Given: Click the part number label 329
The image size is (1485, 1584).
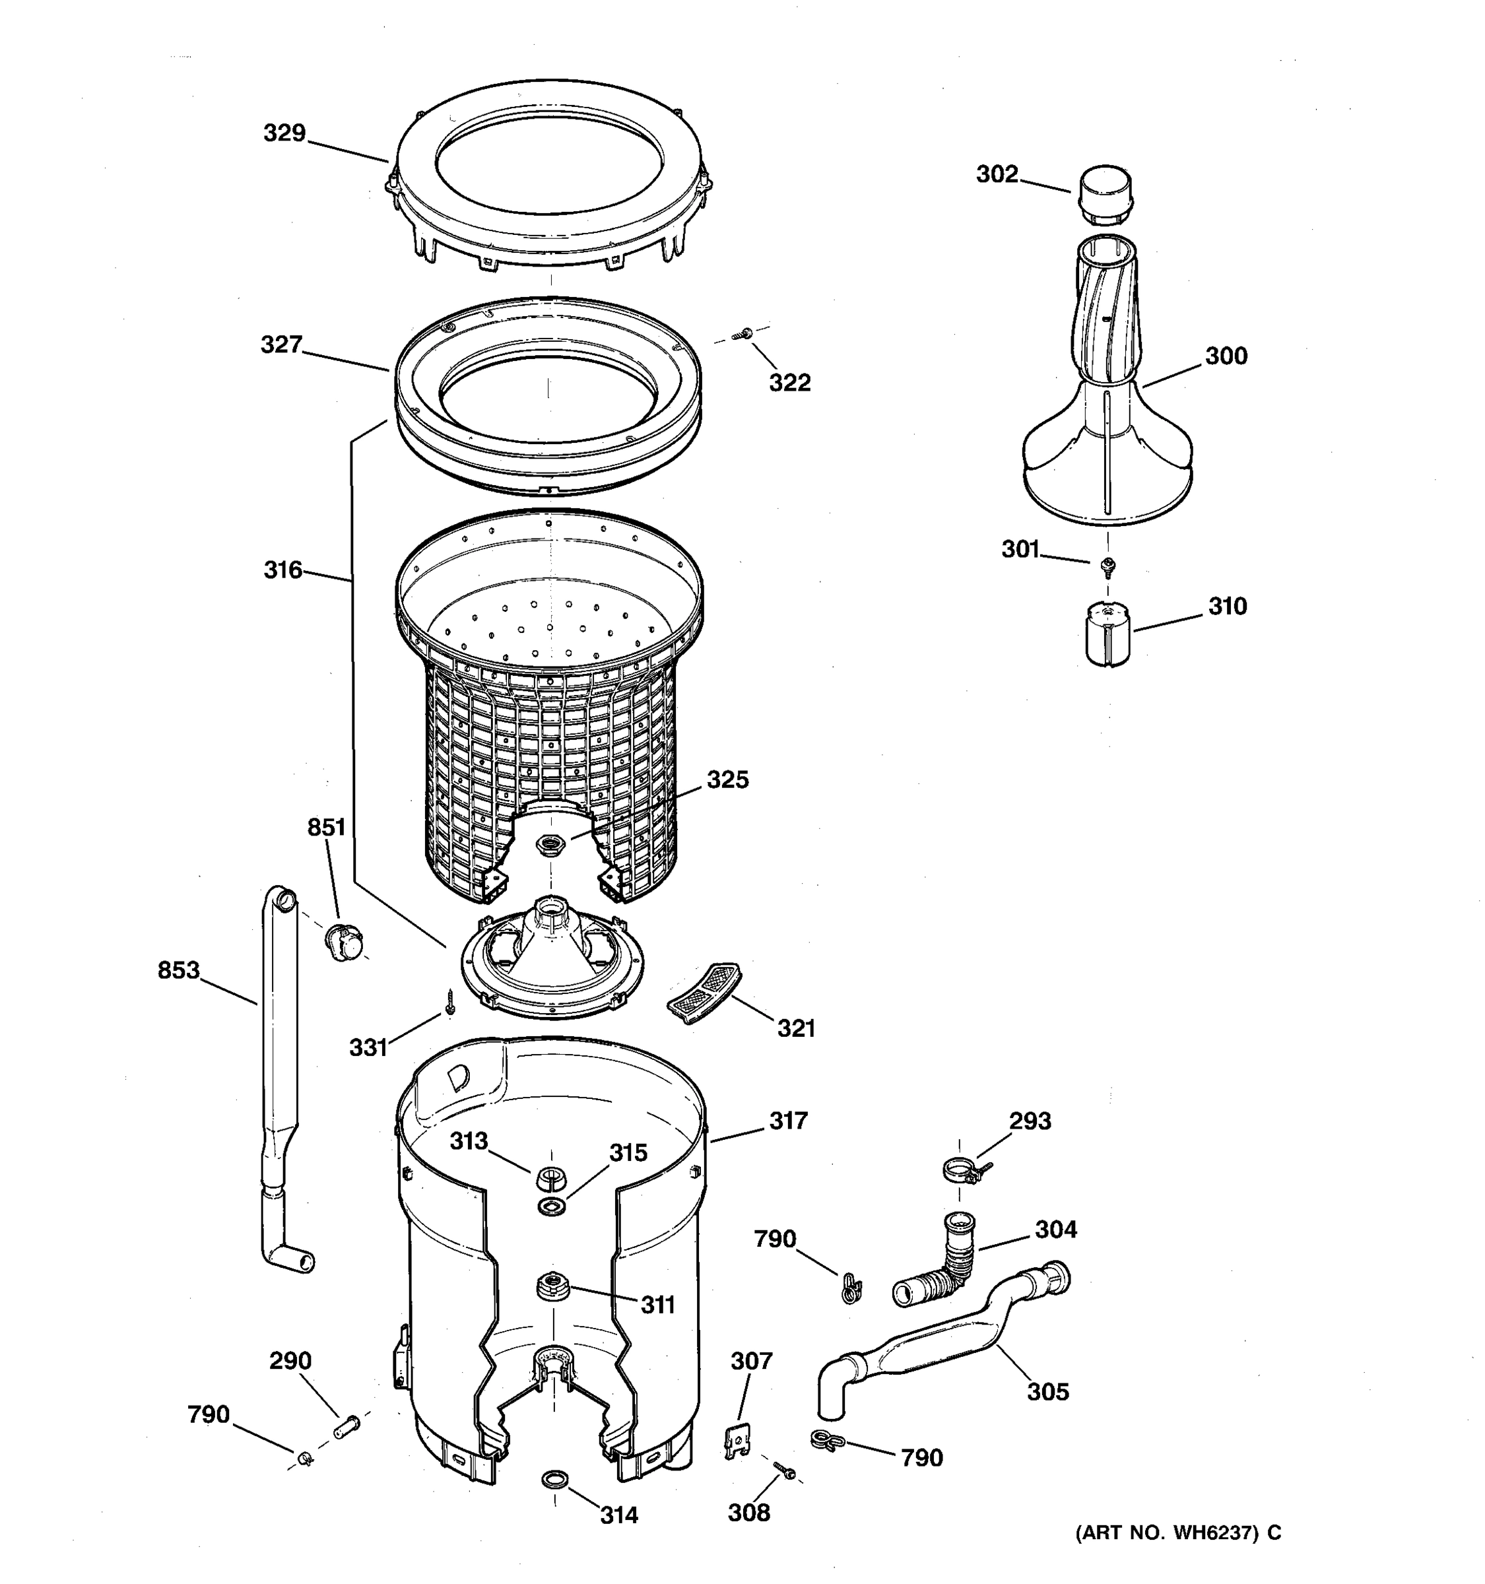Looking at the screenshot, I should click(x=284, y=133).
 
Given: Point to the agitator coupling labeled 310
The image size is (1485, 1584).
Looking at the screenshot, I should click(x=1107, y=634).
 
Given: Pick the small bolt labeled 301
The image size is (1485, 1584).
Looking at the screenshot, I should click(x=1107, y=566).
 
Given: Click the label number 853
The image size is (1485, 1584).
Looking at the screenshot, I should click(x=178, y=970).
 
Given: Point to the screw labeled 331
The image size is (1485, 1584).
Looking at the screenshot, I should click(x=450, y=1003).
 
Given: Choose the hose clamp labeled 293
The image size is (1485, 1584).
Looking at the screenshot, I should click(x=963, y=1170).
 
